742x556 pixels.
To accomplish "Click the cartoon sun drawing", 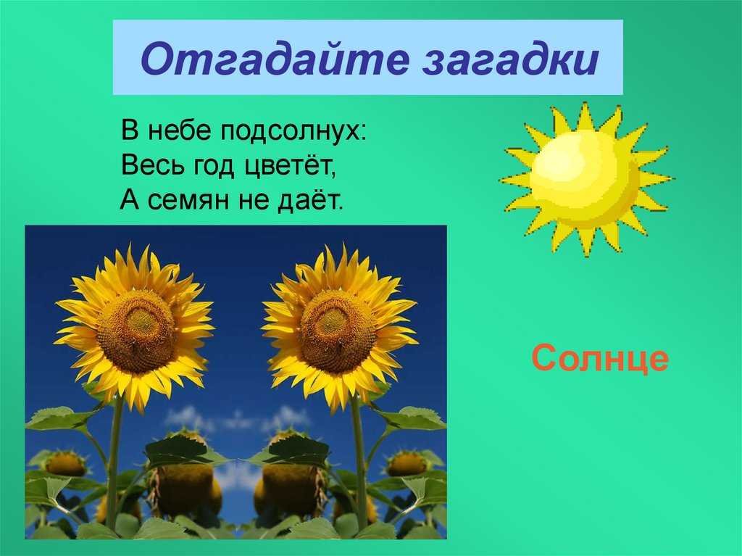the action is coord(587,179).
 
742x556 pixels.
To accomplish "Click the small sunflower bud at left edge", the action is coord(65,463).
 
